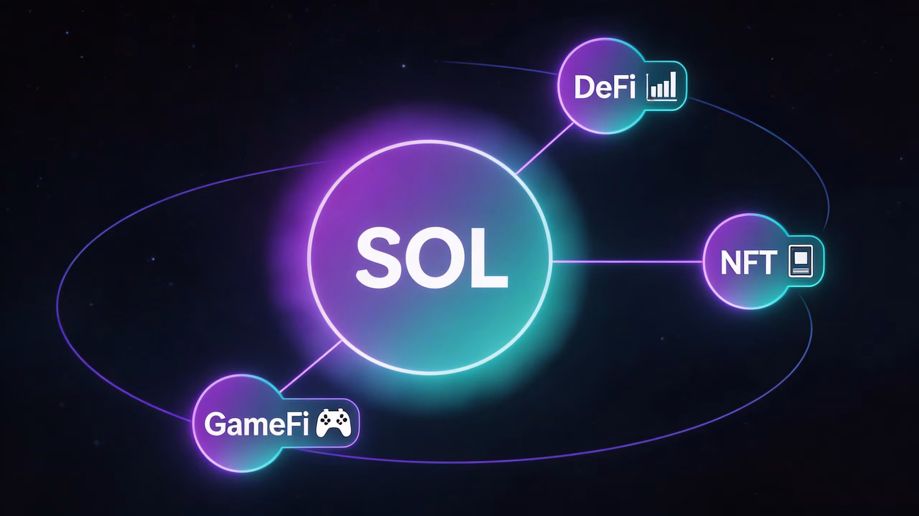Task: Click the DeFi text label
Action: pos(605,87)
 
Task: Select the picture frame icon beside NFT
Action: pos(800,261)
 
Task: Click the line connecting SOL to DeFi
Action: pos(545,149)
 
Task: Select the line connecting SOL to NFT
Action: pos(627,262)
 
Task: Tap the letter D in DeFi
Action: pos(584,87)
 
